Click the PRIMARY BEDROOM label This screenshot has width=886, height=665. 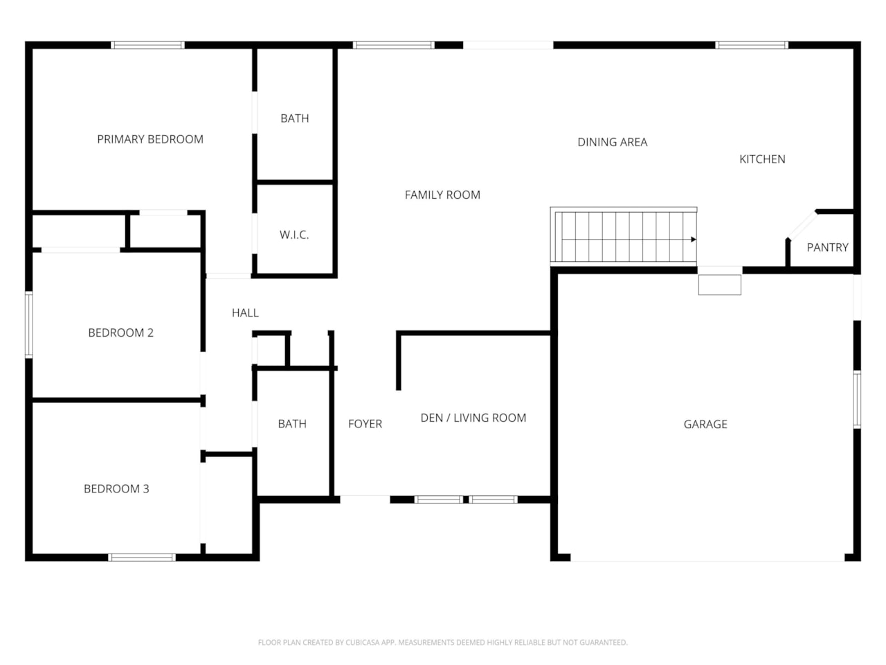tap(150, 139)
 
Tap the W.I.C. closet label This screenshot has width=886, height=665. tap(294, 235)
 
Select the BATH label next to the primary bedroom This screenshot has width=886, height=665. tap(295, 118)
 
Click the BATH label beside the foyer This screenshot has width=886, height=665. tap(292, 424)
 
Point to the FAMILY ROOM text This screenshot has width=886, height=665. tap(442, 195)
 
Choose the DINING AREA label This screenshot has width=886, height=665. tap(613, 142)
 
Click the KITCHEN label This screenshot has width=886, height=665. tap(762, 159)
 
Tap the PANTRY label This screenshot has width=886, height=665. tap(827, 247)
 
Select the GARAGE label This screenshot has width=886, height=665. tap(705, 424)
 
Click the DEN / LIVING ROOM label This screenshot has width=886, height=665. tap(473, 418)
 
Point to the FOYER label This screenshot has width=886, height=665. tap(365, 424)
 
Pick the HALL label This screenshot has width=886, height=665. tap(245, 313)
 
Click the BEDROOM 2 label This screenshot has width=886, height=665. tap(121, 332)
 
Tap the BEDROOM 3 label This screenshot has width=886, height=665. tap(116, 489)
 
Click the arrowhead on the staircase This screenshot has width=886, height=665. tap(693, 240)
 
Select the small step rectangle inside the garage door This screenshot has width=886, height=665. tap(720, 285)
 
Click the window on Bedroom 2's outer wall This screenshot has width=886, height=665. tap(29, 324)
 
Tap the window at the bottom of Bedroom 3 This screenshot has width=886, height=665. tap(142, 557)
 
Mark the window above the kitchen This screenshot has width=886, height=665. tap(752, 45)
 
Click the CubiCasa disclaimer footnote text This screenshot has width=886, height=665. tap(443, 643)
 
